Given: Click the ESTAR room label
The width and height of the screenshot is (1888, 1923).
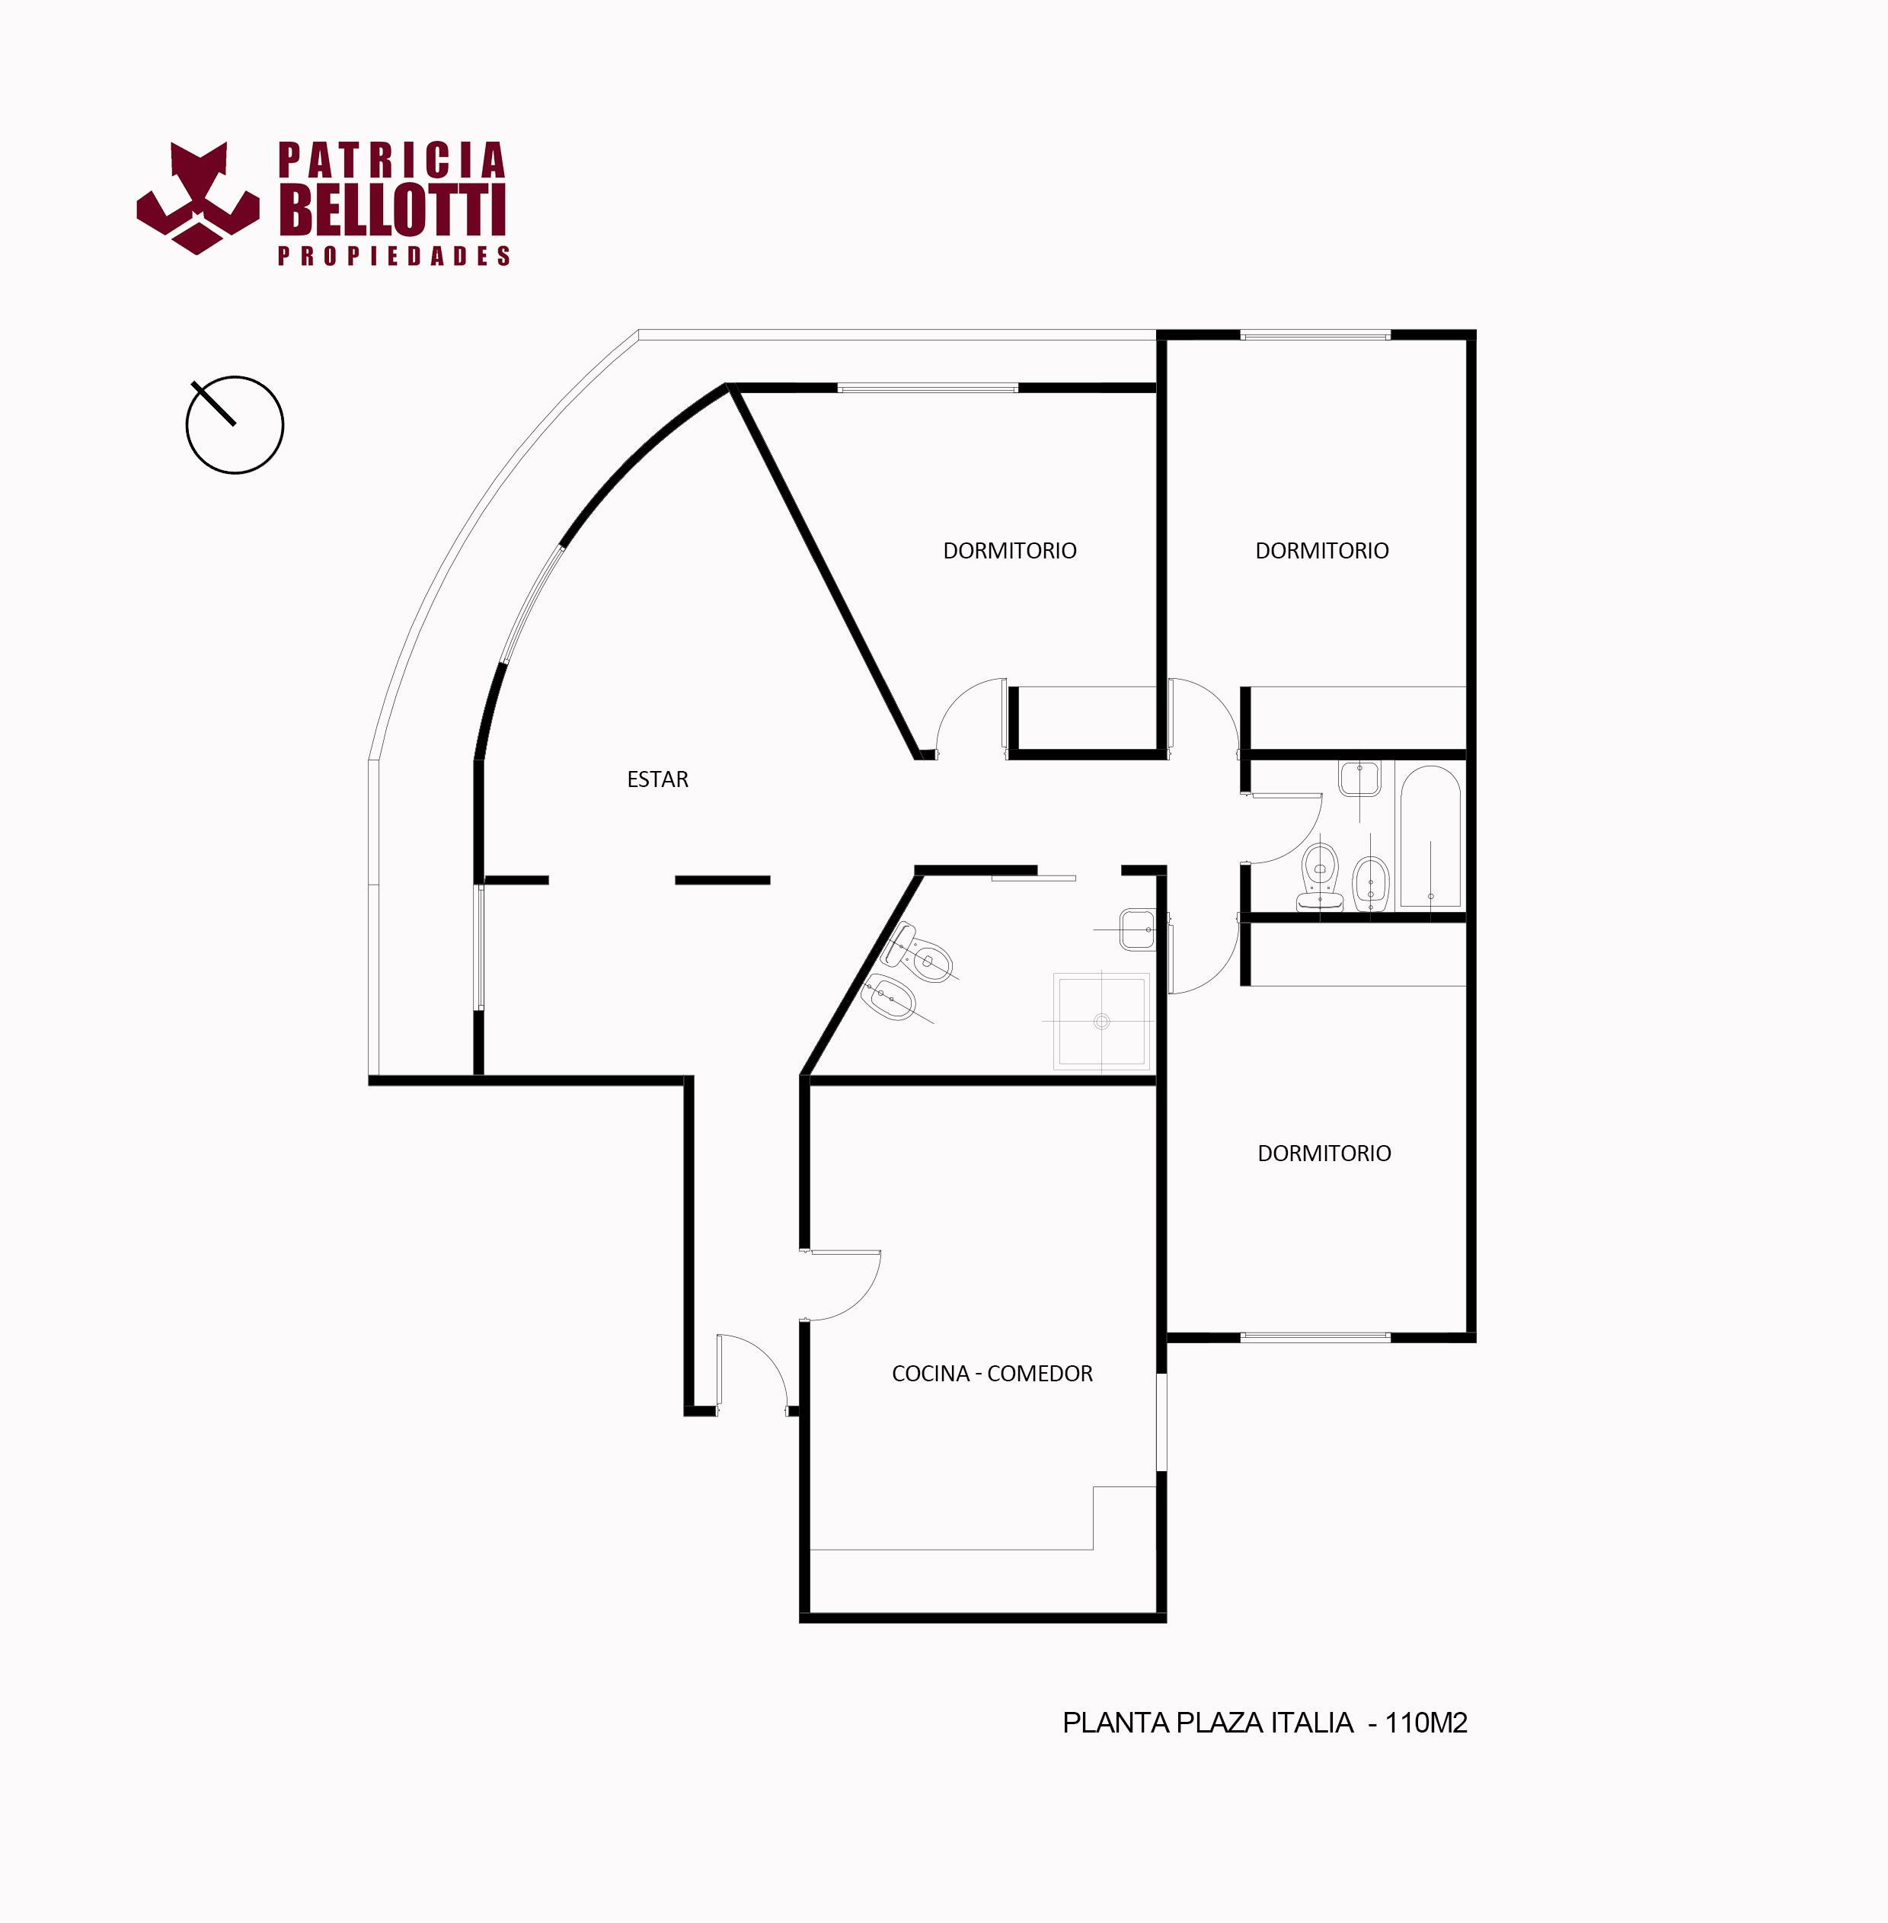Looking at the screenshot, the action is tap(657, 779).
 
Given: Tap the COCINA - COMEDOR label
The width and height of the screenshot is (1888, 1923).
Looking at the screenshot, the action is tap(992, 1374).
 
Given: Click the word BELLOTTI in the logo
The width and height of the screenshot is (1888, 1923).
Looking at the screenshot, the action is tap(394, 210).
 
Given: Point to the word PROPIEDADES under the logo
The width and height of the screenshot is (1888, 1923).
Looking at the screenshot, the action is tap(394, 256).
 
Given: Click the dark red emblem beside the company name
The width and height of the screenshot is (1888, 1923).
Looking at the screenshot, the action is tap(198, 197).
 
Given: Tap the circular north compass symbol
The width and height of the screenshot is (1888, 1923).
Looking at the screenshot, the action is tap(235, 424).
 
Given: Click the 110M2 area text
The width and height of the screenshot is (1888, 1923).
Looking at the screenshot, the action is tap(1426, 1723).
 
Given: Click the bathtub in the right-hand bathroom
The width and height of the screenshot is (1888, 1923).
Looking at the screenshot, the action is tap(1430, 837).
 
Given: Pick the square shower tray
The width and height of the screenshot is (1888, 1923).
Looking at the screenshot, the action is tap(1102, 1020).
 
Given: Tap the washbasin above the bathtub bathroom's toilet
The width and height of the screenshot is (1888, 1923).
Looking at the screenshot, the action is tap(1359, 779).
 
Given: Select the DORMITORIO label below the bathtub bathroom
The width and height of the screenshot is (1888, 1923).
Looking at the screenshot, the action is tap(1324, 1153).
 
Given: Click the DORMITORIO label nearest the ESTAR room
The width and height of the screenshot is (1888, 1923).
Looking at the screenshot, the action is tap(1009, 550).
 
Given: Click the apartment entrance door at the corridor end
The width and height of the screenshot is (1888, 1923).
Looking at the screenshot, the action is tap(752, 1371).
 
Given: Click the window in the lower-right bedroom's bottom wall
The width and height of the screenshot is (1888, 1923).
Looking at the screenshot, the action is tap(1316, 1337).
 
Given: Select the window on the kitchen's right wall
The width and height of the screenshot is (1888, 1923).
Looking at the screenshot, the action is tap(1162, 1421).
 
